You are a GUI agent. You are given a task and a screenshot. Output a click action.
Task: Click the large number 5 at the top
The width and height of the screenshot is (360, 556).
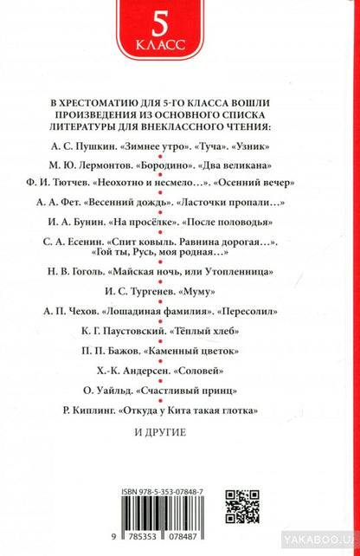[179, 22]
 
